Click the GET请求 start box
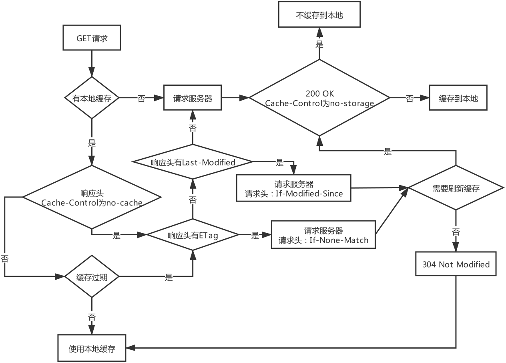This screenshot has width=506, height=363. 92,39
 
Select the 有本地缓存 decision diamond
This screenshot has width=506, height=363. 92,98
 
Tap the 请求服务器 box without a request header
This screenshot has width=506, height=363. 193,98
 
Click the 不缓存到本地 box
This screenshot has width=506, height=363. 319,16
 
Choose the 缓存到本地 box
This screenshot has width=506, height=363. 458,98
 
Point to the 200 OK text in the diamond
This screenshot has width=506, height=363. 319,93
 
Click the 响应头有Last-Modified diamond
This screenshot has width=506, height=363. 193,162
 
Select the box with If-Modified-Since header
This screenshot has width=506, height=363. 294,189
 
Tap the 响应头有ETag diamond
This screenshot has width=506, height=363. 193,236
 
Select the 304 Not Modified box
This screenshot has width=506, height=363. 456,264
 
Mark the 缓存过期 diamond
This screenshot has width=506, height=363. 92,277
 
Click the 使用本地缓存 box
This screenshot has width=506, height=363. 92,349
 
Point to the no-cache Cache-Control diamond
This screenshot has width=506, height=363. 92,198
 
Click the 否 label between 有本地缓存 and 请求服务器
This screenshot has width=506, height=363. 141,99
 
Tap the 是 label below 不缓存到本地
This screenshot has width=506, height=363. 319,44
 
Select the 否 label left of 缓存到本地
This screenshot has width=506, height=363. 410,99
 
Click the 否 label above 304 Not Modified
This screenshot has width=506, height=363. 456,232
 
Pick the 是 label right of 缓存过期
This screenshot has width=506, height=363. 169,277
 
